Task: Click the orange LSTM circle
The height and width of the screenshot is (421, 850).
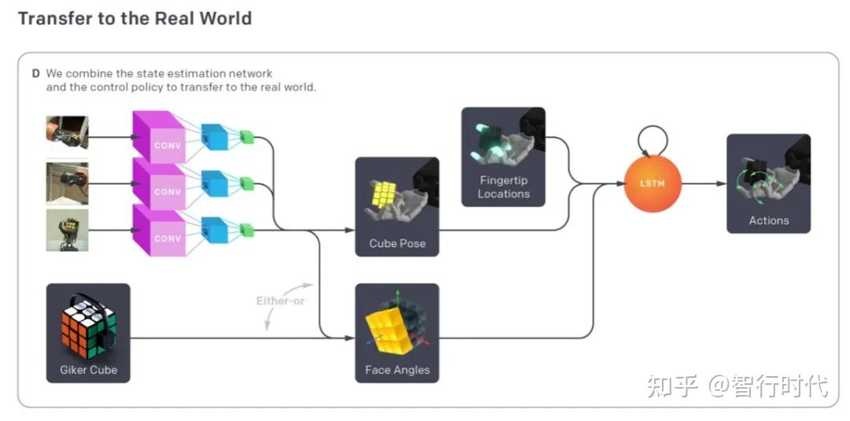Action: (x=651, y=183)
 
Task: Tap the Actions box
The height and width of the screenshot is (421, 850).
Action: (x=768, y=183)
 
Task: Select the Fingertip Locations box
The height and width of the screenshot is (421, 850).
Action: (x=503, y=157)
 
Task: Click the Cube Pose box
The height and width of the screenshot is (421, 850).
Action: (x=397, y=206)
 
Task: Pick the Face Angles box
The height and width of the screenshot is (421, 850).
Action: (x=397, y=333)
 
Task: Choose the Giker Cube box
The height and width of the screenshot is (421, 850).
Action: (x=88, y=333)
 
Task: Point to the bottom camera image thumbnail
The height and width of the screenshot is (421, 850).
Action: (x=67, y=230)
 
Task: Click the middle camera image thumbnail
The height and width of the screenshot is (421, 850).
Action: (x=67, y=183)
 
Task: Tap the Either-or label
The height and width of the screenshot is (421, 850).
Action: (x=280, y=301)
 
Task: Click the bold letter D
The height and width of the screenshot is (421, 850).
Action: (x=35, y=73)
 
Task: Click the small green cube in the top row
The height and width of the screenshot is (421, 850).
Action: (x=248, y=136)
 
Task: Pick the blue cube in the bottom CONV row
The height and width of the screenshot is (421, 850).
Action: (x=213, y=229)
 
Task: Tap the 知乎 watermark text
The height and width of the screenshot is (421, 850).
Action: (x=671, y=386)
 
